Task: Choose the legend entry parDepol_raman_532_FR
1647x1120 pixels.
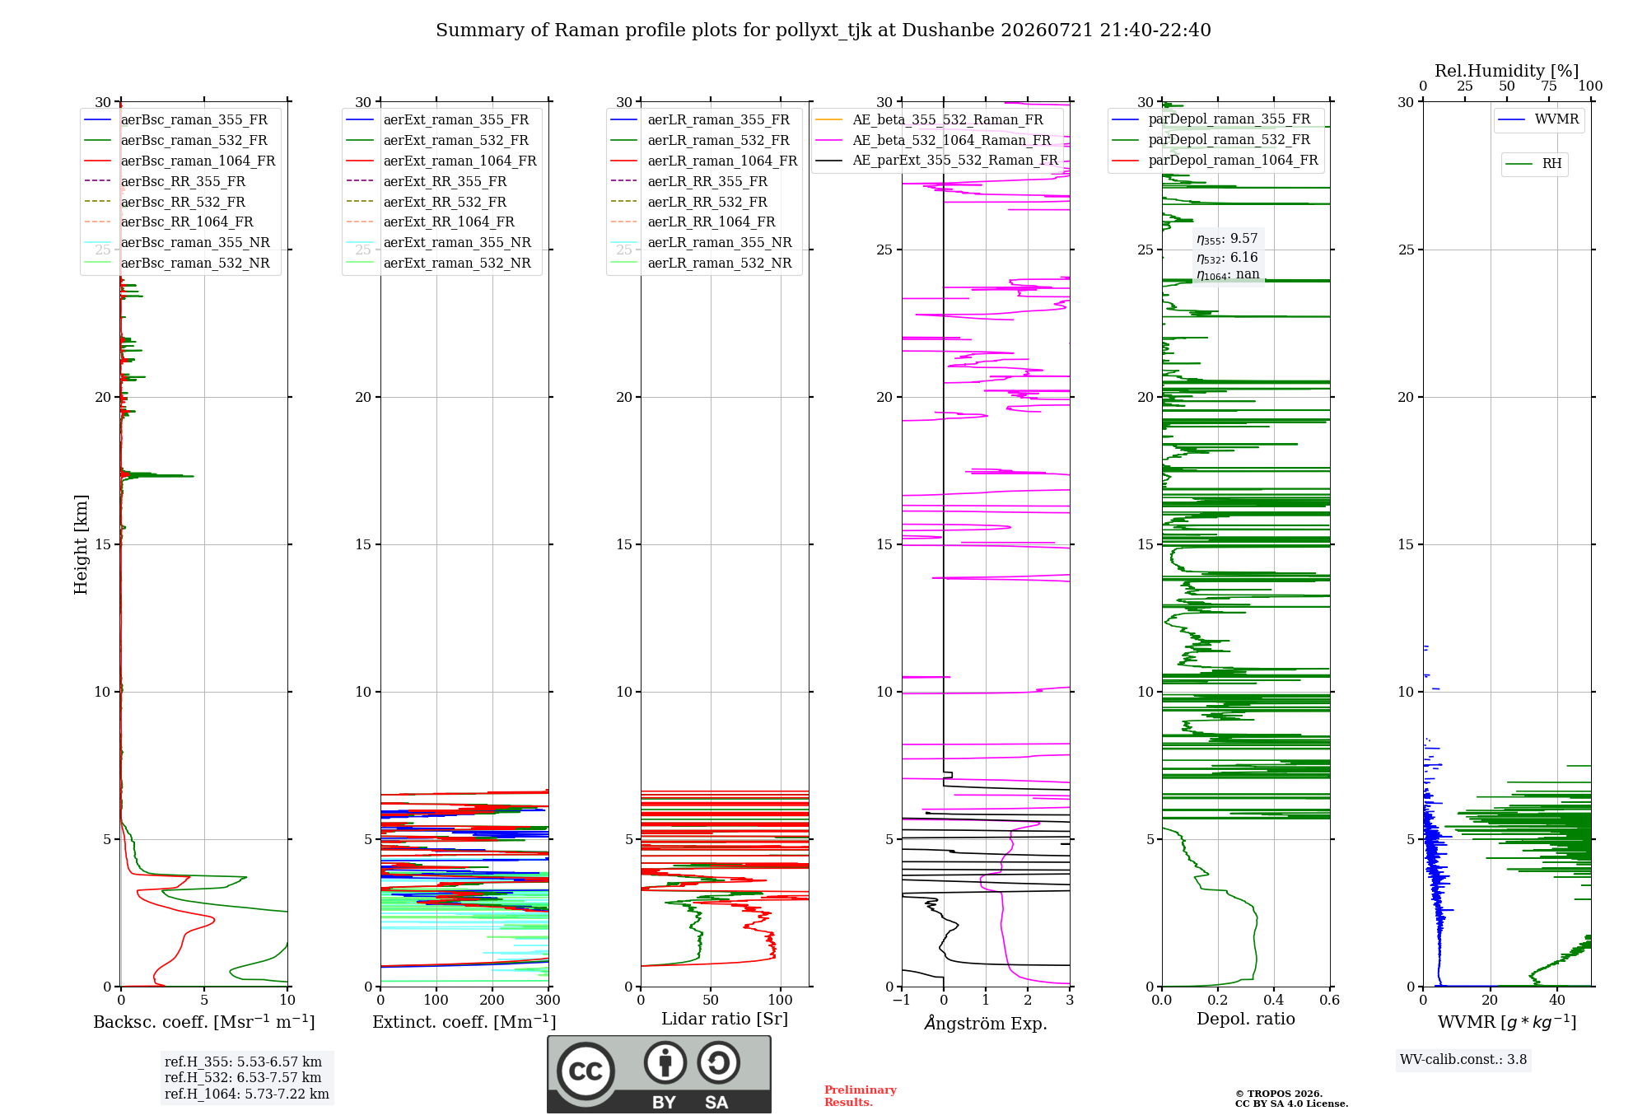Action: (1211, 139)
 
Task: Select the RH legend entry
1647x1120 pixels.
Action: (1533, 164)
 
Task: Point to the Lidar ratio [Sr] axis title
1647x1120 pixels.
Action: (725, 1019)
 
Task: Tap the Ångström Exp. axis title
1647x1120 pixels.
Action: (986, 1023)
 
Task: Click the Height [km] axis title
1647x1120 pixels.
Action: (81, 544)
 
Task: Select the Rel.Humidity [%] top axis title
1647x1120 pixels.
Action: (1507, 71)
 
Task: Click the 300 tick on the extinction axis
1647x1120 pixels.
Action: (548, 1000)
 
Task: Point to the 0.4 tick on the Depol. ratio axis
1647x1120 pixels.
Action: (1274, 1000)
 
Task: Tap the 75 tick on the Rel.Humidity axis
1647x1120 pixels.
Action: (1549, 86)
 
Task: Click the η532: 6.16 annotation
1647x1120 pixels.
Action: (1227, 258)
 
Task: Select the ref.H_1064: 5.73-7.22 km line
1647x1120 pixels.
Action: (247, 1094)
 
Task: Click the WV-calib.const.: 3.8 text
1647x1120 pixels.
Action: (1463, 1059)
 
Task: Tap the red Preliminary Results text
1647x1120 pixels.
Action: (861, 1096)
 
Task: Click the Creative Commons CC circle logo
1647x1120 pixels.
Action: (586, 1071)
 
